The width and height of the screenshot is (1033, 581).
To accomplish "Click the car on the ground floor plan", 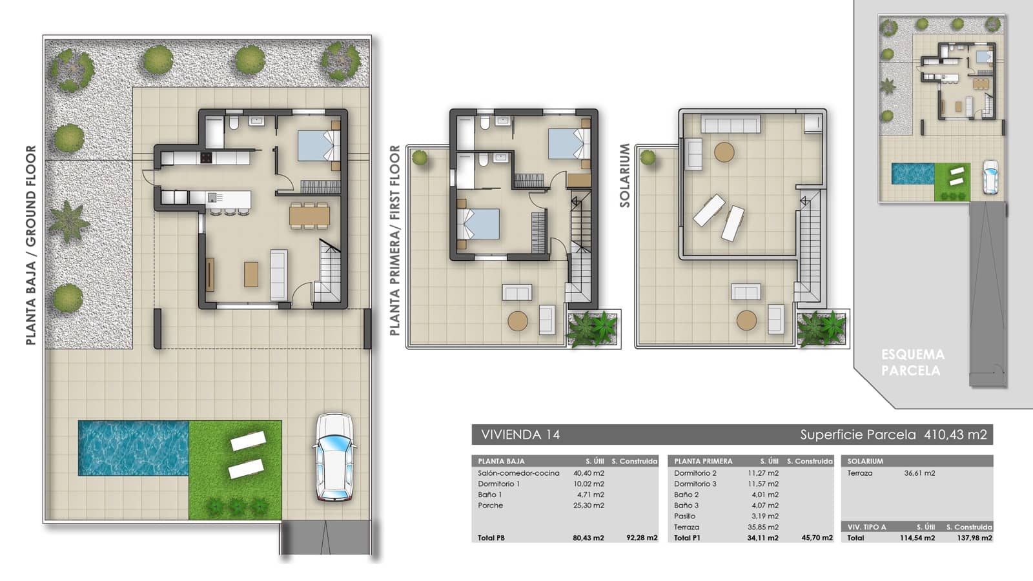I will [334, 457].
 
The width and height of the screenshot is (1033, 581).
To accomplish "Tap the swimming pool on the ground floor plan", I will [133, 447].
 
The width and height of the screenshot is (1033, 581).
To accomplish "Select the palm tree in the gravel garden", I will [69, 220].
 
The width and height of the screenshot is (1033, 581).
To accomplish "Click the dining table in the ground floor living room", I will [310, 215].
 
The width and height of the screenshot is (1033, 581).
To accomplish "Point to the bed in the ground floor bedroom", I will [318, 145].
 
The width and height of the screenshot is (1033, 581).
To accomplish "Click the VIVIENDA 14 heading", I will [520, 434].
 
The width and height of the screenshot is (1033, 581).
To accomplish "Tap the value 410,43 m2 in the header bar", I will [955, 434].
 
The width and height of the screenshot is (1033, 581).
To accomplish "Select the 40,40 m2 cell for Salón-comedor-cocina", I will [588, 473].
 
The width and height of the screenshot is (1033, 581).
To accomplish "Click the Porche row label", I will [491, 505].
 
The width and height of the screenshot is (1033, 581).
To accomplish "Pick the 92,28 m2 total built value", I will [642, 538].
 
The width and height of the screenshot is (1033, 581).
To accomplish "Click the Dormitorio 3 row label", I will [695, 484].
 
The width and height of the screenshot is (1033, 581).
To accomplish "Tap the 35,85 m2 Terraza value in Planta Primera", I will [763, 527].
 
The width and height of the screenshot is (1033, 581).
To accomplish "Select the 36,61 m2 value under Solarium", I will [919, 473].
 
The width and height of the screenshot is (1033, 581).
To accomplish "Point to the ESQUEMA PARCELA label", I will [912, 362].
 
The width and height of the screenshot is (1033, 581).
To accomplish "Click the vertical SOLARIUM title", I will [624, 175].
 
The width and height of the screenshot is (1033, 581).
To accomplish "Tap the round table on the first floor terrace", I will [518, 321].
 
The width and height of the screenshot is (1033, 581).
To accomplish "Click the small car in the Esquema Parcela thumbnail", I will [990, 176].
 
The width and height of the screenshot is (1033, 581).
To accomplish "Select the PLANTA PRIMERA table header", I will [703, 461].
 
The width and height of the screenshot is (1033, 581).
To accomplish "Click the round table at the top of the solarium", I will [724, 152].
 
